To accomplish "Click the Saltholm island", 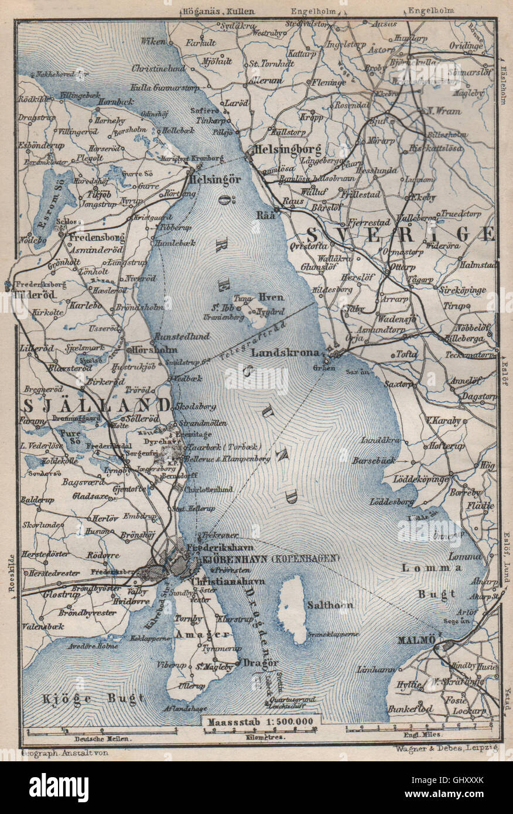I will point(293,609).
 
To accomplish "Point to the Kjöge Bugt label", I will point(94,698).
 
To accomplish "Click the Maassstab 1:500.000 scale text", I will point(258,721).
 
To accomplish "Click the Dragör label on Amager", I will point(260,663).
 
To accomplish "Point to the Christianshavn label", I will point(228,582).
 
